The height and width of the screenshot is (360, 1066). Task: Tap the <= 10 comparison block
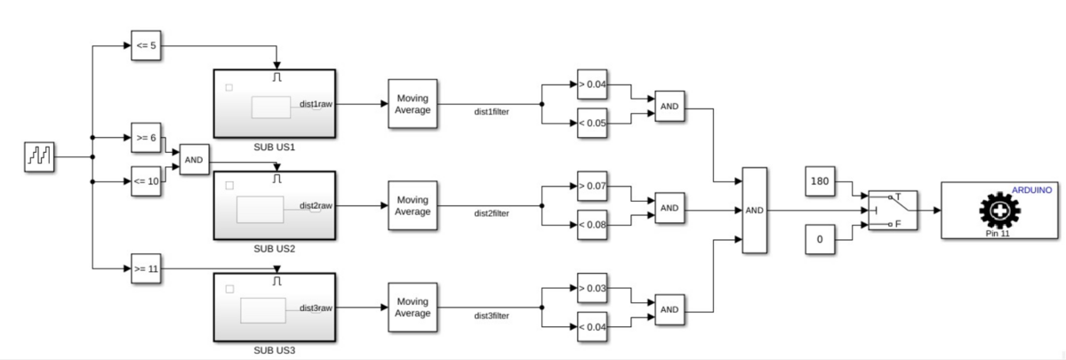[146, 180]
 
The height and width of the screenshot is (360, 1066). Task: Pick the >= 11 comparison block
[146, 268]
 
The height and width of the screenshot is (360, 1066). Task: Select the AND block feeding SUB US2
[194, 160]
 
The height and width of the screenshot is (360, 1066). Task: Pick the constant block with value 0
[820, 238]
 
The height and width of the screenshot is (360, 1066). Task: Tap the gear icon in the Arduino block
[998, 212]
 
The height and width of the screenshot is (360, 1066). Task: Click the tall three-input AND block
[755, 211]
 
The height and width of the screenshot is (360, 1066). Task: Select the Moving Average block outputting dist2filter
[413, 205]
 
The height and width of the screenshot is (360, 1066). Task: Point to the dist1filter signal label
[491, 112]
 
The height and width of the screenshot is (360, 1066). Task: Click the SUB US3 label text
[275, 349]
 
